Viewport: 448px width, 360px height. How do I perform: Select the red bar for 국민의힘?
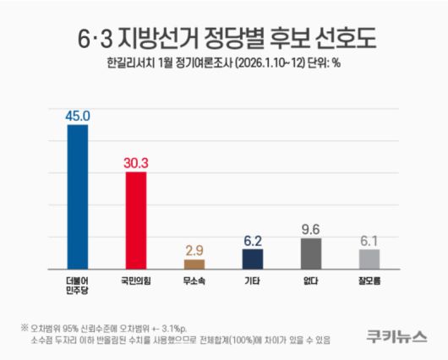(x=136, y=219)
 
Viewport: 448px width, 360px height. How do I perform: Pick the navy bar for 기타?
(x=253, y=258)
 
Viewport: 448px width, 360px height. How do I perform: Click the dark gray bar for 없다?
(x=311, y=253)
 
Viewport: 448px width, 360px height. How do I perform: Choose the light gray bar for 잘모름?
(x=369, y=258)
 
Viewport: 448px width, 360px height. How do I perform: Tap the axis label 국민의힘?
(x=136, y=279)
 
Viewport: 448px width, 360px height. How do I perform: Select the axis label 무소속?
(x=194, y=279)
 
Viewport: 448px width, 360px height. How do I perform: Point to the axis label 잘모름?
(x=369, y=279)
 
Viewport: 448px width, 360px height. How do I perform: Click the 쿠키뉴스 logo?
(x=396, y=335)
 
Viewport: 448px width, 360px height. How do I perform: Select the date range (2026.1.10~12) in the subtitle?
(x=278, y=64)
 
